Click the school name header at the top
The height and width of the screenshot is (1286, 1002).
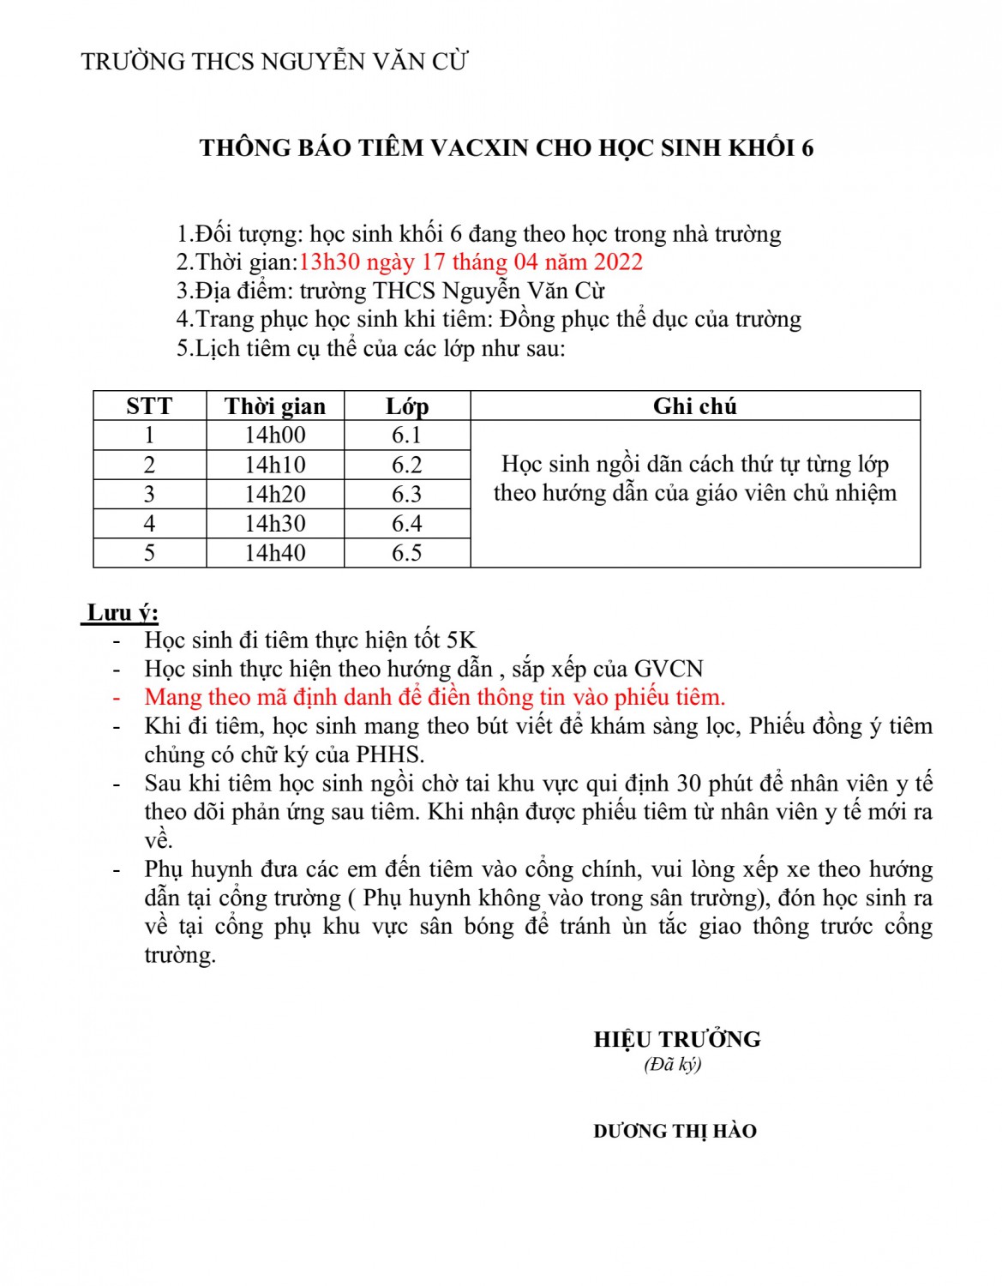tap(274, 62)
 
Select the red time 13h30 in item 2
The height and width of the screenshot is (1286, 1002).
tap(328, 262)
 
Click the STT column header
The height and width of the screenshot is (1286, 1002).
tap(149, 406)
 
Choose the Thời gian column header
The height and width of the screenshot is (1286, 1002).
tap(275, 406)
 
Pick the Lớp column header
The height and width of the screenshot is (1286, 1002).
tap(407, 406)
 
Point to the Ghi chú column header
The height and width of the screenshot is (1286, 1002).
tap(694, 406)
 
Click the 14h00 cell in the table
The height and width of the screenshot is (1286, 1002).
tap(275, 436)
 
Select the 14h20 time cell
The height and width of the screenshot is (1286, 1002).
tap(275, 495)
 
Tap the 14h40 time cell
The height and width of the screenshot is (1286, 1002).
tap(275, 553)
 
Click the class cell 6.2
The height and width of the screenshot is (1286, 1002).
tap(407, 465)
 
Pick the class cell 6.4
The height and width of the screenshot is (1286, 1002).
tap(407, 524)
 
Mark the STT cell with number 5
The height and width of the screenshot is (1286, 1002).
tap(149, 553)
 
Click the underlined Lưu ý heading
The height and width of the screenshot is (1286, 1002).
tap(123, 613)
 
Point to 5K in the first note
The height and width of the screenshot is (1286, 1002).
tap(461, 640)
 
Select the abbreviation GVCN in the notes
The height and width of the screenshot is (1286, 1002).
tap(669, 670)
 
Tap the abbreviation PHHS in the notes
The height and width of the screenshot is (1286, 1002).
tap(390, 755)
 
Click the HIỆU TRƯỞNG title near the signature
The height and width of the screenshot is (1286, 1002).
tap(677, 1040)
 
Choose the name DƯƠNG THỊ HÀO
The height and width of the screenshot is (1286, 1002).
tap(675, 1132)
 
